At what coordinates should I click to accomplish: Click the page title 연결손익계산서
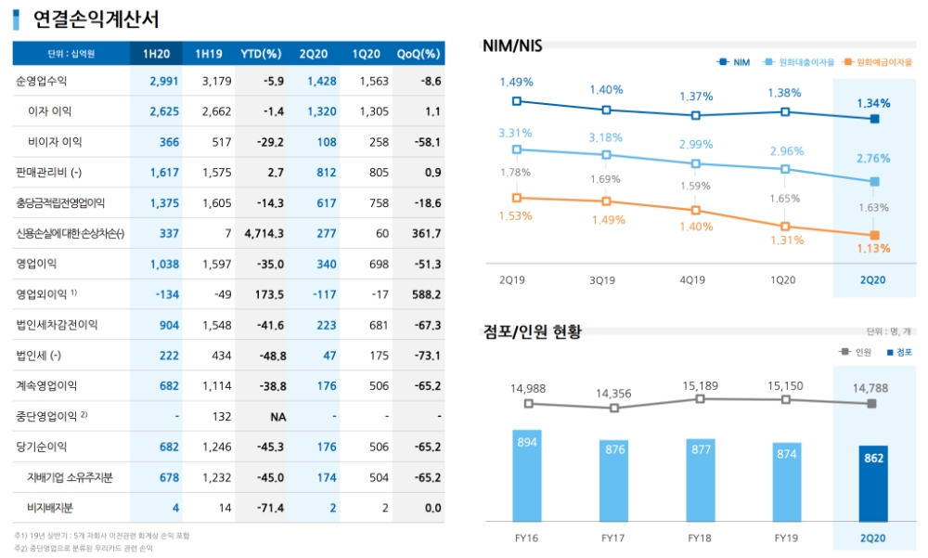pyautogui.click(x=96, y=19)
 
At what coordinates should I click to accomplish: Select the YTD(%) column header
pyautogui.click(x=261, y=54)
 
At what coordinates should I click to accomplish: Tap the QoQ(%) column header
pyautogui.click(x=418, y=54)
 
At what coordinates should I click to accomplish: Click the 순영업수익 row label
pyautogui.click(x=42, y=81)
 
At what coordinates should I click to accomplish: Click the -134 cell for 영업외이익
pyautogui.click(x=166, y=294)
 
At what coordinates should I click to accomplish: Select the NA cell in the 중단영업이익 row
pyautogui.click(x=277, y=416)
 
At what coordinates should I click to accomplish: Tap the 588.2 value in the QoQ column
pyautogui.click(x=426, y=294)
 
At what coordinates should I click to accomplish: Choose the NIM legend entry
pyautogui.click(x=734, y=62)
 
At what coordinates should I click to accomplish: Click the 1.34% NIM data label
pyautogui.click(x=873, y=103)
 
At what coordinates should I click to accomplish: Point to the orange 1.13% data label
pyautogui.click(x=873, y=248)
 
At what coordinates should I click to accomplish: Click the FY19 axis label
pyautogui.click(x=787, y=538)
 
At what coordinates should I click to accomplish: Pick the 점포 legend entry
pyautogui.click(x=898, y=352)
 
